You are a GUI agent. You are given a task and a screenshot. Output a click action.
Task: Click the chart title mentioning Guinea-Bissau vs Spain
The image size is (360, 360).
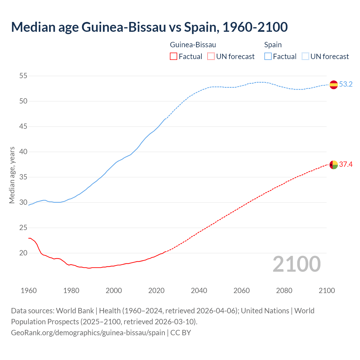point(149,27)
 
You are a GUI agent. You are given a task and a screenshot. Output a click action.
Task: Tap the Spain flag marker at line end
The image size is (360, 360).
point(334,85)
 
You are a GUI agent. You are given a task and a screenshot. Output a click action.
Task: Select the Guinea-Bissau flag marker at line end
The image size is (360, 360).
point(334,165)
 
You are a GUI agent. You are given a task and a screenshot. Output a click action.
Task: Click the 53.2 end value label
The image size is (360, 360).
point(346,84)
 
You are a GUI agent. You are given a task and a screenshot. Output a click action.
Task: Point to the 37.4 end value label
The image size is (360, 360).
point(346,165)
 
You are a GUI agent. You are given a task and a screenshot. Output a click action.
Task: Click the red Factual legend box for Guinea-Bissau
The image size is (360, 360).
point(174,57)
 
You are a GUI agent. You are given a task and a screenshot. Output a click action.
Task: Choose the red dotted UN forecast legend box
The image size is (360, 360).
point(211,57)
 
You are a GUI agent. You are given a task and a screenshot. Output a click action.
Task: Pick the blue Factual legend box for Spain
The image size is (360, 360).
point(268,57)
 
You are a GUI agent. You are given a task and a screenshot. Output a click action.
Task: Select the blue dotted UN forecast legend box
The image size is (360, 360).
point(305,57)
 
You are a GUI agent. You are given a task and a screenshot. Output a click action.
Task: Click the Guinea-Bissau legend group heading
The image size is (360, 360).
point(193,45)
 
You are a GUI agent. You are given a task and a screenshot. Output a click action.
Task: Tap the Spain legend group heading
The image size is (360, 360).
point(273,45)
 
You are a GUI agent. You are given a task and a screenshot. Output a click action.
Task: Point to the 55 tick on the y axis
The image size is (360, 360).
point(23,76)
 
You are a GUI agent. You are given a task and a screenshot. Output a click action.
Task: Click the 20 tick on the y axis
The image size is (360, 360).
point(23,253)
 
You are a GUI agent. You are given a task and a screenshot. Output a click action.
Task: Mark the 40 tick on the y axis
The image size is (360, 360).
point(23,152)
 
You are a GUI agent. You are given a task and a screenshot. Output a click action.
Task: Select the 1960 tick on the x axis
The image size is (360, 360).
point(29,291)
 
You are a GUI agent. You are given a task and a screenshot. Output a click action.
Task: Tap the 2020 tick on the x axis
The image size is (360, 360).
point(156,291)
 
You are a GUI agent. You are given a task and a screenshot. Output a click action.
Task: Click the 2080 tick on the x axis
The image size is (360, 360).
point(284,291)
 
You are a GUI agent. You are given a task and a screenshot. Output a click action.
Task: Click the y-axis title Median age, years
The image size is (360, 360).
point(12,175)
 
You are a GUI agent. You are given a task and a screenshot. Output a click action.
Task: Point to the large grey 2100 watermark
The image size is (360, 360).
point(297,264)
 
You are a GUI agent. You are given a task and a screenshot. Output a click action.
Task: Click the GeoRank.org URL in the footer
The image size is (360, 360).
point(88,333)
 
